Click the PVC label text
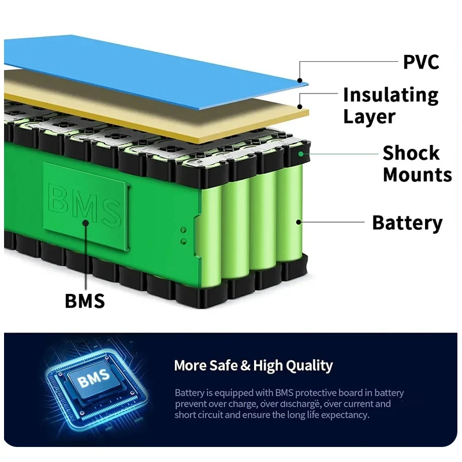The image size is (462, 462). (421, 61)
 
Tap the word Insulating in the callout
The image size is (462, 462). (390, 95)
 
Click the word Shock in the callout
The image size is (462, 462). (411, 153)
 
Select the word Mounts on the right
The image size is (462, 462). (417, 174)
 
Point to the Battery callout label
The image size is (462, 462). (407, 222)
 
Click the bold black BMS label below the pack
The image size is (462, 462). (84, 301)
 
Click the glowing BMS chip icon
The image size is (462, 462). (92, 381)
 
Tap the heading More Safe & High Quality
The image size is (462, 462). (253, 366)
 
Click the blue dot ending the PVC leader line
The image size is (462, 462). (300, 80)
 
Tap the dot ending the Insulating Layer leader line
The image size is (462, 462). (300, 106)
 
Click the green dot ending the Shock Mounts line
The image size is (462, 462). (301, 154)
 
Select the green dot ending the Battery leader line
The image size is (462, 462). (299, 221)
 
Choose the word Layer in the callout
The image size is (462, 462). (369, 116)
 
